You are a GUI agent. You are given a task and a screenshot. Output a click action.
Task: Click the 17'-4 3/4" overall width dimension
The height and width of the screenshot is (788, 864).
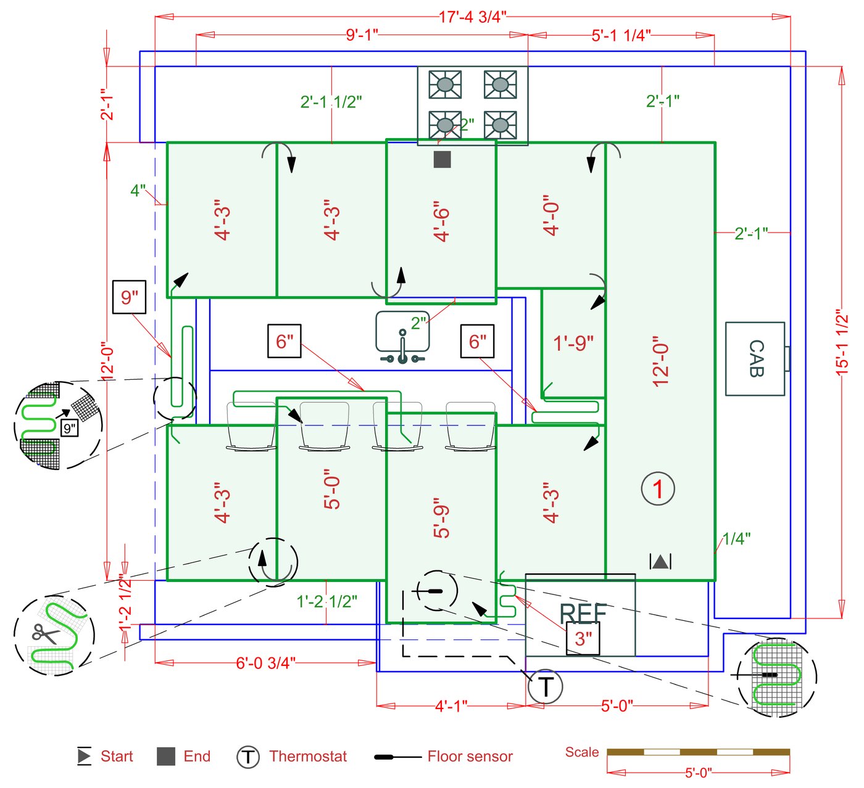472,17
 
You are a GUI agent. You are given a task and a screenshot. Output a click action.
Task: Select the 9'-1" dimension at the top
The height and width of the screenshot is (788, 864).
362,35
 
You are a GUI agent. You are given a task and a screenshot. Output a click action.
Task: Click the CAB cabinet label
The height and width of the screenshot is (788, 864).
755,358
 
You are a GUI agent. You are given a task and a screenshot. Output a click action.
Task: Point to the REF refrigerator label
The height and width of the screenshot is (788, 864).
583,614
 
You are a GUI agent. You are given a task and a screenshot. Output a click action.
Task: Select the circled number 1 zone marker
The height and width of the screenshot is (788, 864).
658,489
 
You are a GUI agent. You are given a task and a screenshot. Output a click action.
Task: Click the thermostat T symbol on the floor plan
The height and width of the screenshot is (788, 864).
546,686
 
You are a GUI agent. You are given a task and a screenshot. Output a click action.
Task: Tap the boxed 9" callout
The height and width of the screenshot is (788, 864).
129,297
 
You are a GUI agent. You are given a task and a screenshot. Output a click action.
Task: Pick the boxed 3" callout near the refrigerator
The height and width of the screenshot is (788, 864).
583,639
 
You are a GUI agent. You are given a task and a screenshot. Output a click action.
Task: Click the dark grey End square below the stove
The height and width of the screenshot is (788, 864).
442,160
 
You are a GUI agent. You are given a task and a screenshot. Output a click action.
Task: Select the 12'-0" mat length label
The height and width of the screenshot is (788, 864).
660,361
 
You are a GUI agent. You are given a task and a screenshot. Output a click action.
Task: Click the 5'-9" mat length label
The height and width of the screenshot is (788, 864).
441,518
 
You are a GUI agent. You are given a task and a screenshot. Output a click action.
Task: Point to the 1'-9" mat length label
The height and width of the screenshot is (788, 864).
573,343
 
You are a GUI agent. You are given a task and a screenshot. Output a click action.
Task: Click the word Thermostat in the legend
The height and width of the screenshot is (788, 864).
308,757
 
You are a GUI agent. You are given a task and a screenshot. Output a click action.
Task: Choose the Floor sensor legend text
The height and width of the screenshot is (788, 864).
470,757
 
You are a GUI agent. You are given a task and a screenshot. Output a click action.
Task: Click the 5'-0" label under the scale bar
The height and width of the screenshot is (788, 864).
698,773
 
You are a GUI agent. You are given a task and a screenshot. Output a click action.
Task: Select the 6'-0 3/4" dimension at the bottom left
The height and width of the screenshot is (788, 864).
265,663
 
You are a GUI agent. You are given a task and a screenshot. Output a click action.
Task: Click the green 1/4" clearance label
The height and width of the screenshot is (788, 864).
736,538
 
